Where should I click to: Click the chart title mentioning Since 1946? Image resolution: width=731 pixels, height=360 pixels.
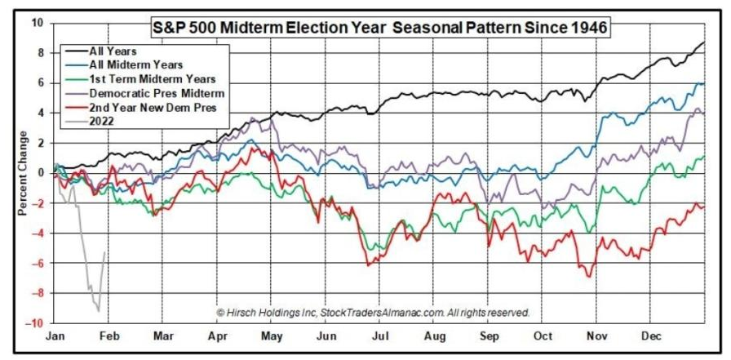(380, 27)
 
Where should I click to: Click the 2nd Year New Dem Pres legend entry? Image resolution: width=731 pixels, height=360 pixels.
(151, 109)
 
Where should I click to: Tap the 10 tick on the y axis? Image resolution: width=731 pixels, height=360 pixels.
(38, 23)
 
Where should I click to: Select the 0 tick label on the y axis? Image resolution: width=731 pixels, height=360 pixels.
(42, 174)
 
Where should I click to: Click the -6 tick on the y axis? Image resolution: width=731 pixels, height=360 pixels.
(40, 264)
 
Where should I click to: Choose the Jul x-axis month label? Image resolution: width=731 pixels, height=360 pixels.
(379, 336)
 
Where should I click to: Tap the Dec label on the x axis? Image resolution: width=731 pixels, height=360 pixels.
(651, 336)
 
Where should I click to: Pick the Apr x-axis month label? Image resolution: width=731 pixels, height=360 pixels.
(217, 336)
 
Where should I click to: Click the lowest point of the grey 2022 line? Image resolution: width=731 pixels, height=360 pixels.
(98, 311)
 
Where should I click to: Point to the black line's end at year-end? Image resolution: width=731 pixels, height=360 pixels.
(703, 42)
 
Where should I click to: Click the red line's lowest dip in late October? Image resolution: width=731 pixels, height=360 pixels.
(589, 278)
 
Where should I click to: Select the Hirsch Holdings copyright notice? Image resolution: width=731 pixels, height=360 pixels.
(373, 313)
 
